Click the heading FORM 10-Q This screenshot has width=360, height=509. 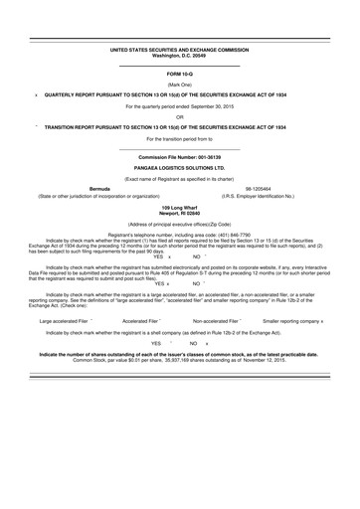pyautogui.click(x=180, y=75)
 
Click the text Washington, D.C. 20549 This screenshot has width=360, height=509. pyautogui.click(x=180, y=55)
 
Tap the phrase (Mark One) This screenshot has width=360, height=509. pyautogui.click(x=180, y=85)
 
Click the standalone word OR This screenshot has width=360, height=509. pyautogui.click(x=180, y=116)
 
